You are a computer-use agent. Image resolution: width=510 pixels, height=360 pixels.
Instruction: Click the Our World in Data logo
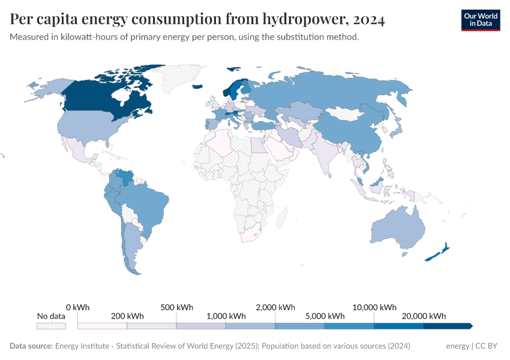480,19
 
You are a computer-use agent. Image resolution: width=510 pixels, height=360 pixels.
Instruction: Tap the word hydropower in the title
291,20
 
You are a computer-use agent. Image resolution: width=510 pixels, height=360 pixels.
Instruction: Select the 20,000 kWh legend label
424,316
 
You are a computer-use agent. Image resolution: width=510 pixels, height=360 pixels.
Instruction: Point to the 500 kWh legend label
176,307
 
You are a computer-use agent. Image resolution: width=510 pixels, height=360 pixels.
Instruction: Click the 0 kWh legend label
77,307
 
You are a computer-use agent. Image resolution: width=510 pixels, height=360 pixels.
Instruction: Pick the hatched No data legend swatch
51,326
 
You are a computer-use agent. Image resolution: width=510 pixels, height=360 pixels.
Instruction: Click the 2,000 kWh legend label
275,307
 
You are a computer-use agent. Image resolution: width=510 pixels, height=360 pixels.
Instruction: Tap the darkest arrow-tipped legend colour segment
447,326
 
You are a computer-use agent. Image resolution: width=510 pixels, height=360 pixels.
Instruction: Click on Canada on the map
108,96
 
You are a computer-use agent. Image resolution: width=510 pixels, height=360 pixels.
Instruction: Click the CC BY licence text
487,346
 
